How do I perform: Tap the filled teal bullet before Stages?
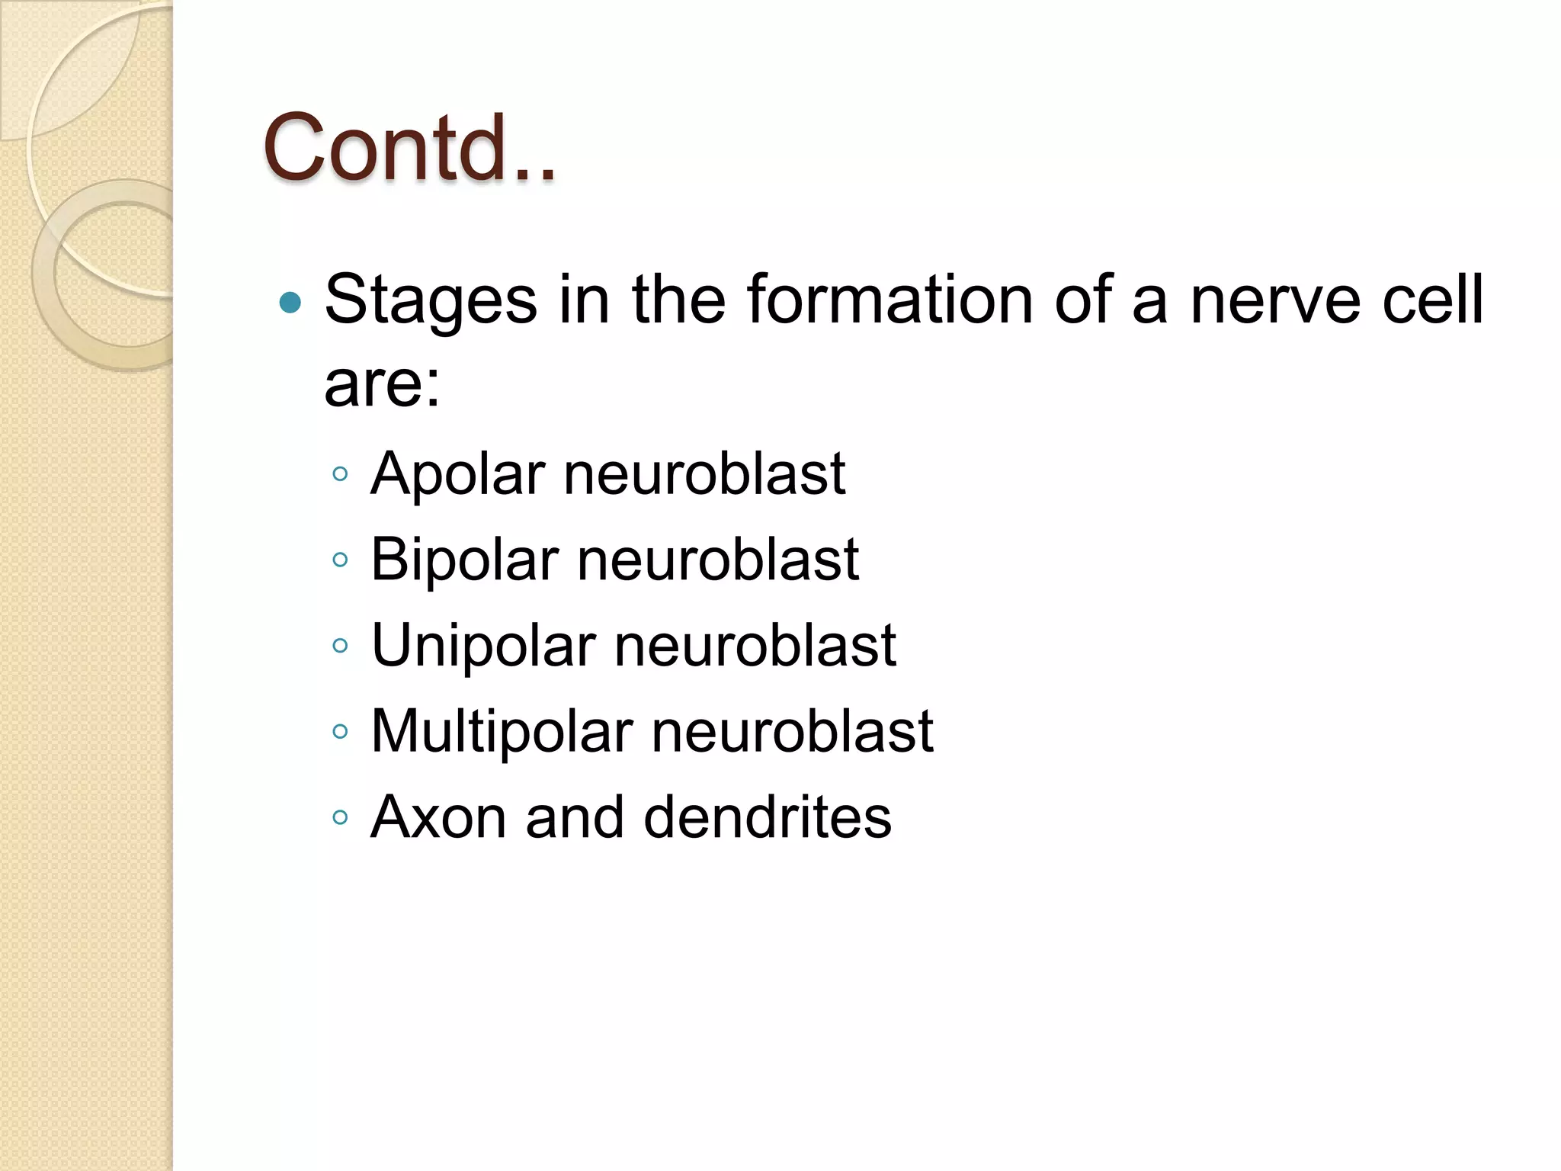coord(290,304)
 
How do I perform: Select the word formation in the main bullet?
coord(889,300)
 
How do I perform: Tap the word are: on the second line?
coord(382,384)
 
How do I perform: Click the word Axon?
coord(438,817)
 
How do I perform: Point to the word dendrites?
coord(767,817)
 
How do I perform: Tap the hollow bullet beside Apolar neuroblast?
coord(341,474)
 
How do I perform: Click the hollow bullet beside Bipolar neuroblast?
coord(341,560)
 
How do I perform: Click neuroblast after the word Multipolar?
coord(793,731)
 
